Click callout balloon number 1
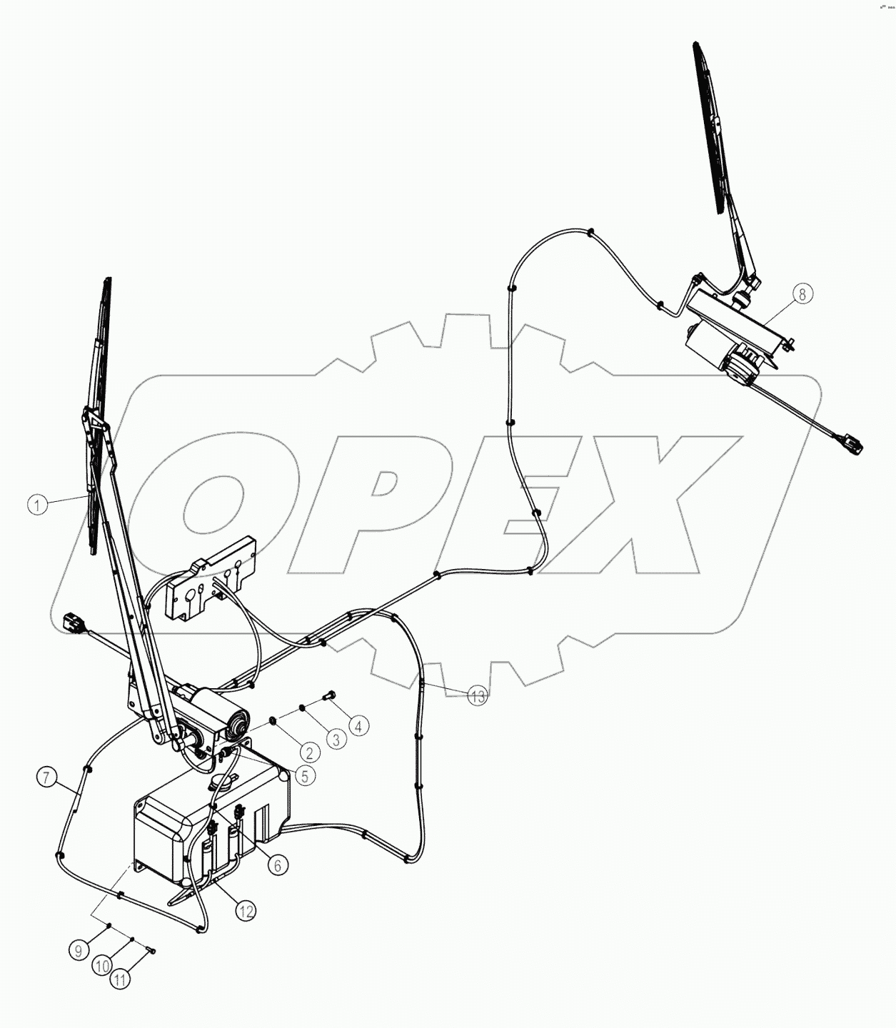[x=38, y=505]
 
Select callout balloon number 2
[x=308, y=752]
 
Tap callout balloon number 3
[x=336, y=738]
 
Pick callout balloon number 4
[x=358, y=726]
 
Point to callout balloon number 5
[x=304, y=776]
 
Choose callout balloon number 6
[x=277, y=865]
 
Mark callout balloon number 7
[x=46, y=777]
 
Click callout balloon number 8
[x=802, y=293]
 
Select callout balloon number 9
[x=79, y=950]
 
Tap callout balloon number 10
[x=102, y=966]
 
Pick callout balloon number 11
[x=121, y=980]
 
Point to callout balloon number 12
[x=246, y=911]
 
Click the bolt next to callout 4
[x=329, y=694]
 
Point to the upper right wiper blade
[x=711, y=128]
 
